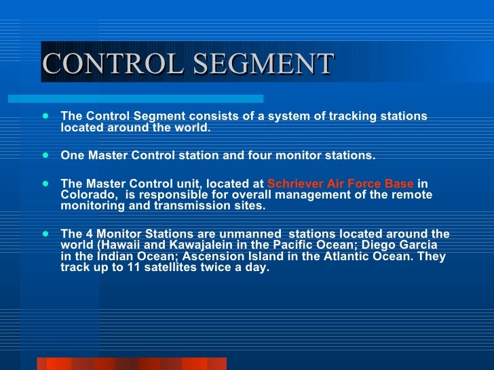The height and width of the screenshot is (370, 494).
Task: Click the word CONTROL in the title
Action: [113, 64]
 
